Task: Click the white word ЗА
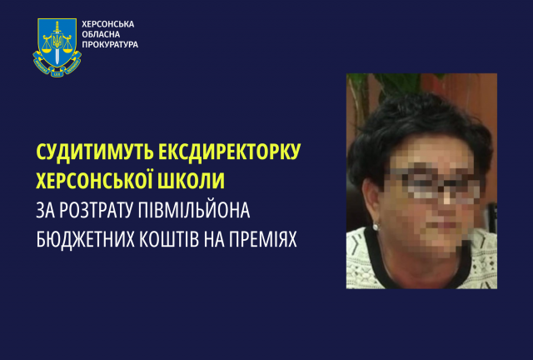(x=47, y=208)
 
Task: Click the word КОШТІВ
(x=183, y=236)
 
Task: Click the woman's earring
(x=376, y=226)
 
